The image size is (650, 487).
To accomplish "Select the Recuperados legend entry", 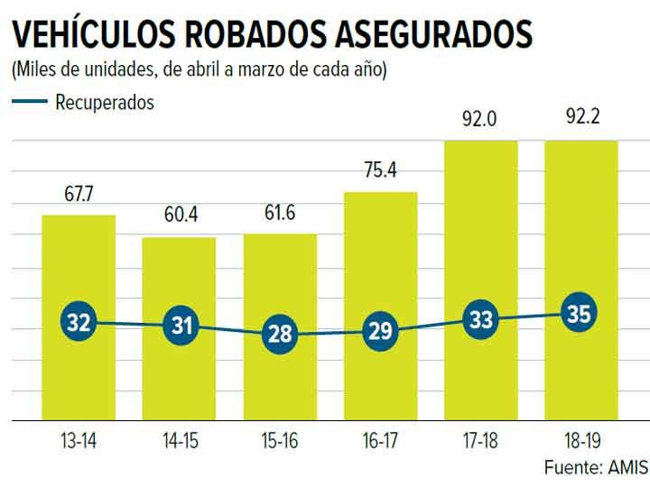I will tap(104, 102).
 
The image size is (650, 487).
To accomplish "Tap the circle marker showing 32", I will tap(79, 322).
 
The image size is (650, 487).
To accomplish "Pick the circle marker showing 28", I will tap(280, 334).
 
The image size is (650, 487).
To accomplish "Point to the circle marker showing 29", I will tap(380, 331).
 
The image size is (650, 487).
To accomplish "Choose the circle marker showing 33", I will tap(480, 319).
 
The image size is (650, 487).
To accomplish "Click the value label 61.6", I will tap(280, 215).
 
